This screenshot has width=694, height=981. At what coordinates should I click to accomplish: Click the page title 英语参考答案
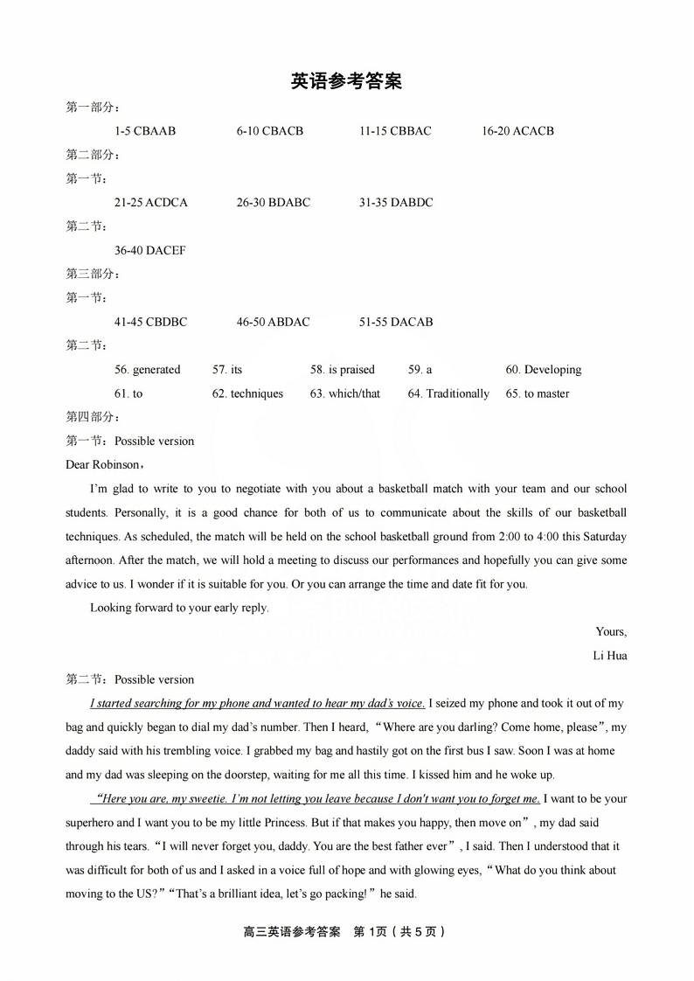pyautogui.click(x=346, y=81)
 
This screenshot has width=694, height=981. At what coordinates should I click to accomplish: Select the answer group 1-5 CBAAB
pyautogui.click(x=145, y=131)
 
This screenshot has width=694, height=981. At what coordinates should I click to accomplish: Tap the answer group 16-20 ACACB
pyautogui.click(x=517, y=131)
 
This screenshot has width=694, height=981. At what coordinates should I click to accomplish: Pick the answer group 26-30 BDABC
pyautogui.click(x=273, y=203)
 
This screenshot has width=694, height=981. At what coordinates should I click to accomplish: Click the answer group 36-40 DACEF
pyautogui.click(x=149, y=251)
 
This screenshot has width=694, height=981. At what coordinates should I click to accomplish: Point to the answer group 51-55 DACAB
pyautogui.click(x=395, y=323)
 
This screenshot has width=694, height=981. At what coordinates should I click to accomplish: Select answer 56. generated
pyautogui.click(x=147, y=370)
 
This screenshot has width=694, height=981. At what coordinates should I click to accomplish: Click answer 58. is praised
pyautogui.click(x=342, y=370)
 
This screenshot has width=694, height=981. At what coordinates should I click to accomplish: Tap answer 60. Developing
pyautogui.click(x=543, y=370)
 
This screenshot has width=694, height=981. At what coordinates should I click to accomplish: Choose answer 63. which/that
pyautogui.click(x=344, y=394)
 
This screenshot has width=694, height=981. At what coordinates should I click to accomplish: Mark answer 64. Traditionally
pyautogui.click(x=448, y=394)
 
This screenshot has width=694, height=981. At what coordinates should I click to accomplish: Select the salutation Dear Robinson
pyautogui.click(x=102, y=465)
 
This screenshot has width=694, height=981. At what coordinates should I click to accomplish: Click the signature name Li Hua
pyautogui.click(x=610, y=656)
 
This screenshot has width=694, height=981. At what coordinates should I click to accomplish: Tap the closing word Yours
pyautogui.click(x=610, y=631)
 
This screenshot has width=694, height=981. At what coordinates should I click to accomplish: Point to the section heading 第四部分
pyautogui.click(x=92, y=417)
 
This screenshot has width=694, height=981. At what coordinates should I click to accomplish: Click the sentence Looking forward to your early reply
pyautogui.click(x=179, y=608)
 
